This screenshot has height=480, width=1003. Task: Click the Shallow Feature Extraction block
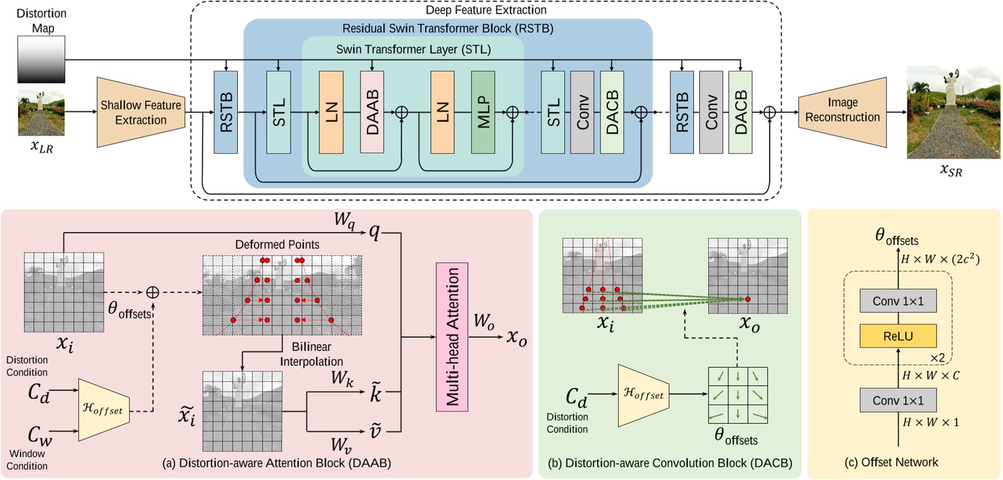coord(140,112)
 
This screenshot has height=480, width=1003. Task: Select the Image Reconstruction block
coord(842,112)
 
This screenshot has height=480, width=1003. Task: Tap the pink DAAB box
coord(372,112)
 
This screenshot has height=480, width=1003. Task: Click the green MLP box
coord(482,112)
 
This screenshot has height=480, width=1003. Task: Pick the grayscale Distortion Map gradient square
coord(41,59)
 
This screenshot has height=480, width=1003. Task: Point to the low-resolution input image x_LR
coord(41,112)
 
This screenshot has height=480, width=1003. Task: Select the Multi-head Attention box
coord(452,337)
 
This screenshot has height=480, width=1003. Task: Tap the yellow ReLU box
coord(898,336)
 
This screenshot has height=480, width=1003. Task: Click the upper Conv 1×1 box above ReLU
coord(898,301)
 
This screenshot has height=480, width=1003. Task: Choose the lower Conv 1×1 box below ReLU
coord(898,401)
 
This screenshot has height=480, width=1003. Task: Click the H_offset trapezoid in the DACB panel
coord(644,395)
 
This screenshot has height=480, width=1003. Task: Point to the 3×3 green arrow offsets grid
coord(738,395)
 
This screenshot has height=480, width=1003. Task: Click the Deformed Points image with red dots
coord(282,295)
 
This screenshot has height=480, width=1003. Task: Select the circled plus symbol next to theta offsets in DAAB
coord(153,292)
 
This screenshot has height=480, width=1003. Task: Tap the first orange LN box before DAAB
coord(331,112)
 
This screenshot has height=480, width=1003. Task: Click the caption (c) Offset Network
coord(891,463)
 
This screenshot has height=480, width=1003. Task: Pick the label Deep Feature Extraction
coord(485,10)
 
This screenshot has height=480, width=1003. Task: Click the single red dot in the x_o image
coord(747,299)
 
